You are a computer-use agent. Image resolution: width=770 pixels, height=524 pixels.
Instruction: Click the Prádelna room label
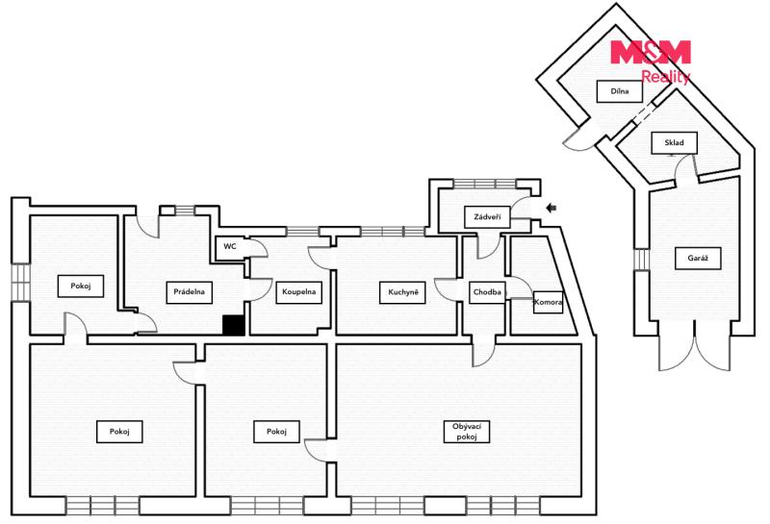tap(189, 292)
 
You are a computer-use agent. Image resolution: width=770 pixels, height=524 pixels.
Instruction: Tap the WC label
tap(230, 246)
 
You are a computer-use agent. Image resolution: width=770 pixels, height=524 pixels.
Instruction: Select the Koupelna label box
tap(298, 292)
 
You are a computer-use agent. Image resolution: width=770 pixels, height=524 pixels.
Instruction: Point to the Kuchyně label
tap(402, 292)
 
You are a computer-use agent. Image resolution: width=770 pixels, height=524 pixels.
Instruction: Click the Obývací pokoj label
tap(467, 432)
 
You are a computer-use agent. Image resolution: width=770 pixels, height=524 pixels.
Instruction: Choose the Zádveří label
tap(487, 217)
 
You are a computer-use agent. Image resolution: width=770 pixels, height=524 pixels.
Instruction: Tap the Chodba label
tap(487, 292)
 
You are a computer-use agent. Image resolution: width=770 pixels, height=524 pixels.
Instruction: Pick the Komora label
tap(548, 302)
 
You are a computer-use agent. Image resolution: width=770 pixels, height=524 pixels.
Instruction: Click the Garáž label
tap(697, 258)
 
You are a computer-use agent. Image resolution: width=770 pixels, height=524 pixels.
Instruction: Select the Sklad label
tap(674, 142)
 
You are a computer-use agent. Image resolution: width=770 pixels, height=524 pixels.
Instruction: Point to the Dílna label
tap(619, 91)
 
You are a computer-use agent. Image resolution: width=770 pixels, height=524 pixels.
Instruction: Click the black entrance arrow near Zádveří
tap(551, 208)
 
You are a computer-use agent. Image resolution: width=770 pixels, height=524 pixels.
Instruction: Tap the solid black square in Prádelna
tap(234, 325)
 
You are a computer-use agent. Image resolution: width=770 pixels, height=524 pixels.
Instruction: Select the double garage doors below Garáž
tap(694, 345)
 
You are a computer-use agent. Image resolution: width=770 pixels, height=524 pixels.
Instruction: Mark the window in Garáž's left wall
tap(641, 260)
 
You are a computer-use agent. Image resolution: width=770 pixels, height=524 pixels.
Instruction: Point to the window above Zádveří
tap(485, 184)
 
